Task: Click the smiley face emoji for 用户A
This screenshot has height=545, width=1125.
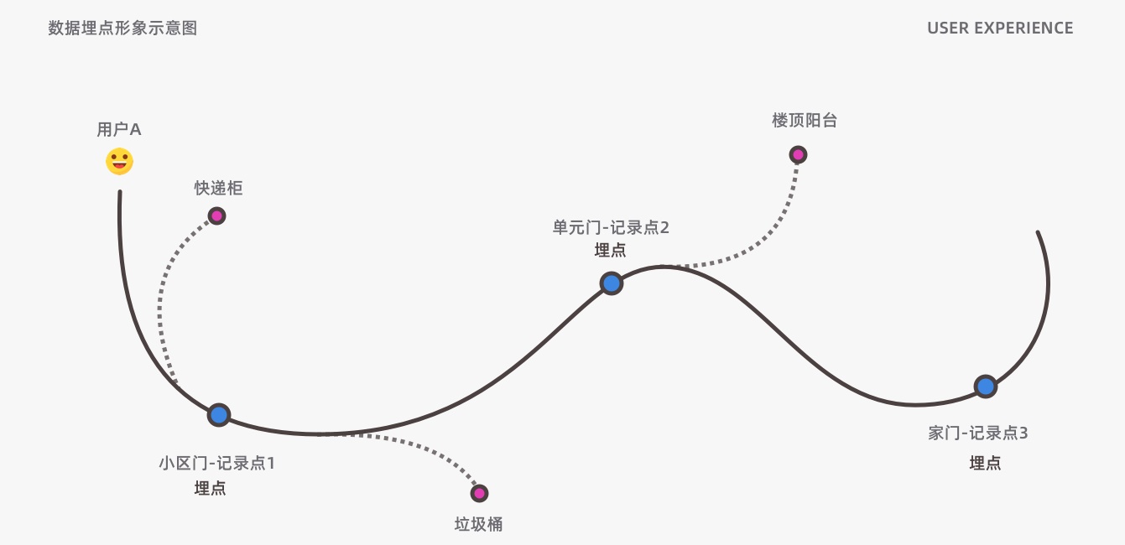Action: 119,161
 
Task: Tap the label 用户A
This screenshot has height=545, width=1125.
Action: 119,130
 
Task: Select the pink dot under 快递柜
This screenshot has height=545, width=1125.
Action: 216,215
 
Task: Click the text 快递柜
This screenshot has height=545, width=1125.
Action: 218,188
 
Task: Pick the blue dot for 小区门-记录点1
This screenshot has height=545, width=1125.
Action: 219,414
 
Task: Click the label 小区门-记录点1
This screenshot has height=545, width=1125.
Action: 217,462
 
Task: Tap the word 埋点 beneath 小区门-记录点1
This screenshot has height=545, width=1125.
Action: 210,488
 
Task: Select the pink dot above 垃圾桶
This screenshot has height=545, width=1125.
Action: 479,493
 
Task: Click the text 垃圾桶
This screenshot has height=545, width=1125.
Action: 478,524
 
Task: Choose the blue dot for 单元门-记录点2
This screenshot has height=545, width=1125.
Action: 612,283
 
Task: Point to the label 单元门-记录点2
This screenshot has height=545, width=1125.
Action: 611,227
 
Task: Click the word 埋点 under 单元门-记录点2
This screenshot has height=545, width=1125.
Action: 610,250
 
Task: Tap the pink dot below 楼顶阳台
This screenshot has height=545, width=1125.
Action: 798,154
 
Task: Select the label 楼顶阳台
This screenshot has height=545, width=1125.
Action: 805,120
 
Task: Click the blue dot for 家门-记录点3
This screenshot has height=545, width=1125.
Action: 985,387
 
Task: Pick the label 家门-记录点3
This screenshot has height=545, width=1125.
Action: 978,433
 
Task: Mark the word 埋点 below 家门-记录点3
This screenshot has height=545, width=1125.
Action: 985,463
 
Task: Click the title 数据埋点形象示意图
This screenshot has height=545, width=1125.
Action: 122,28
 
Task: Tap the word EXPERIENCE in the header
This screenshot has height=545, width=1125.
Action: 1023,28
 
